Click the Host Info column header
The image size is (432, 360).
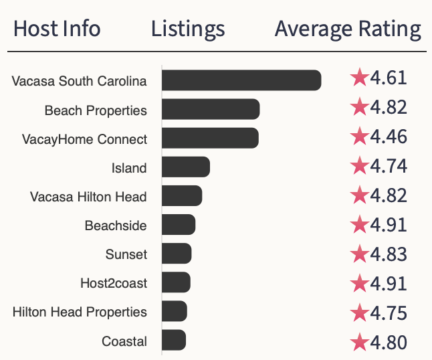click(x=57, y=29)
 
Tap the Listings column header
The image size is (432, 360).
click(x=188, y=29)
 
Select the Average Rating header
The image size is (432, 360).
click(x=348, y=29)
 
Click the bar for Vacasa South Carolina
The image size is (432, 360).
click(x=241, y=80)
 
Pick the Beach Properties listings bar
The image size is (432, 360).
click(x=211, y=109)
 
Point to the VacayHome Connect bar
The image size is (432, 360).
click(x=210, y=138)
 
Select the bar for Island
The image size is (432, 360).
click(x=186, y=167)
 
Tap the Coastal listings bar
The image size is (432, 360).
click(x=174, y=341)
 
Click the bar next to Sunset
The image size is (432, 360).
click(x=177, y=254)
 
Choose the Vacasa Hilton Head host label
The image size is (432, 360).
click(x=88, y=197)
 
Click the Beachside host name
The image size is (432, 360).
click(x=116, y=226)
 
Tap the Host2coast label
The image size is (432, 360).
click(x=114, y=283)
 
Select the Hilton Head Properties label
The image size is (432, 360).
click(x=80, y=312)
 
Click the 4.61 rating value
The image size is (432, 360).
click(x=389, y=78)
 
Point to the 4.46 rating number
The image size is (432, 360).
click(x=389, y=137)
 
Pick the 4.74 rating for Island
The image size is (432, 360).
click(x=389, y=165)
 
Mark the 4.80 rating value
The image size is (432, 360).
click(x=389, y=343)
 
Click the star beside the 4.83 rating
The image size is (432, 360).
click(x=360, y=254)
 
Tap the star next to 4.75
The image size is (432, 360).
click(x=360, y=312)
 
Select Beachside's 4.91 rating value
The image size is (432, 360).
click(x=389, y=224)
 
